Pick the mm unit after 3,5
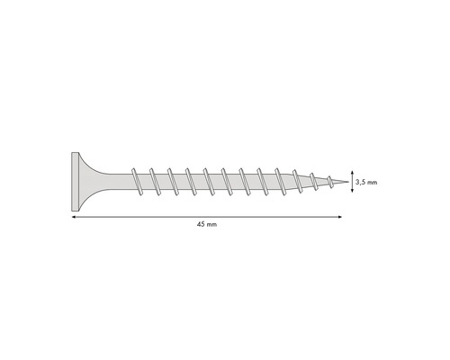[x=372, y=181]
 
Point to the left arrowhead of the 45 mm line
[x=73, y=216]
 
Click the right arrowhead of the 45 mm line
[x=337, y=216]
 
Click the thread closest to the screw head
[x=135, y=180]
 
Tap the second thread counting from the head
[x=153, y=180]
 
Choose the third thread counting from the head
[x=171, y=180]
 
